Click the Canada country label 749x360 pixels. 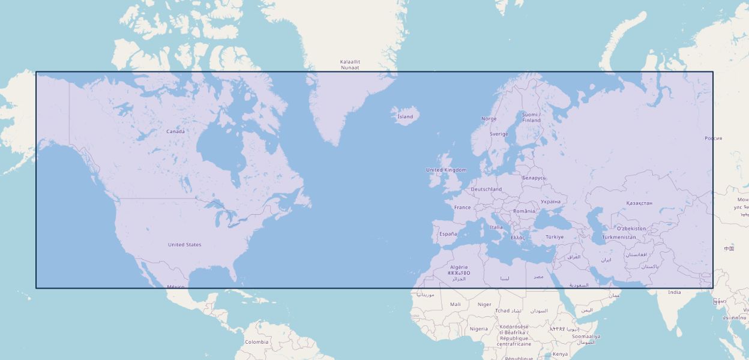coord(175,131)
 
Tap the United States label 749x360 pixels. coord(184,245)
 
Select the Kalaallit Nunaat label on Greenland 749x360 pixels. coord(350,65)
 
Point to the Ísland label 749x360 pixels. coord(405,116)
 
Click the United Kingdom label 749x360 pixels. coord(446,170)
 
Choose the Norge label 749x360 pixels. coord(489,119)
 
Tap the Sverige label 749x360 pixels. coord(498,134)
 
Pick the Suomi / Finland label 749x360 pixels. coord(531,117)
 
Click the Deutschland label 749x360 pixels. coord(486,189)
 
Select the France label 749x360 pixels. coord(462,208)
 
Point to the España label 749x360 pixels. coord(448,234)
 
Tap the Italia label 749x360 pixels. coord(496,227)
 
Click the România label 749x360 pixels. coord(523,211)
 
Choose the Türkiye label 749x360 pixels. coord(555,237)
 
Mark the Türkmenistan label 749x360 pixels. coord(619,237)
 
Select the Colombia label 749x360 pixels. coord(256,342)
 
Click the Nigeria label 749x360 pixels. coord(478,329)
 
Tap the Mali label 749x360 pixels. coord(456,304)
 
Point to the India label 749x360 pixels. coord(675,292)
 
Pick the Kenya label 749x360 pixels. coord(560,354)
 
